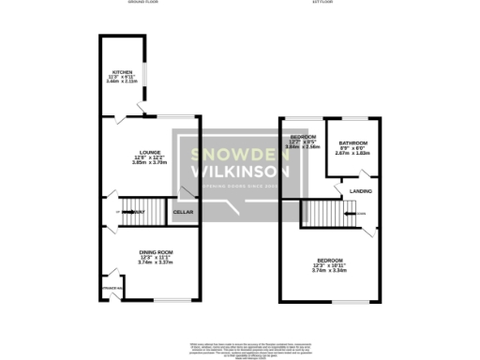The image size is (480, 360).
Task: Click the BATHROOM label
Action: [x=352, y=143]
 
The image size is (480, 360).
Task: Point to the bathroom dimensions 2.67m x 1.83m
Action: [x=352, y=155]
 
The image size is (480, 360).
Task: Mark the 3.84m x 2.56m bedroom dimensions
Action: [x=303, y=147]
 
